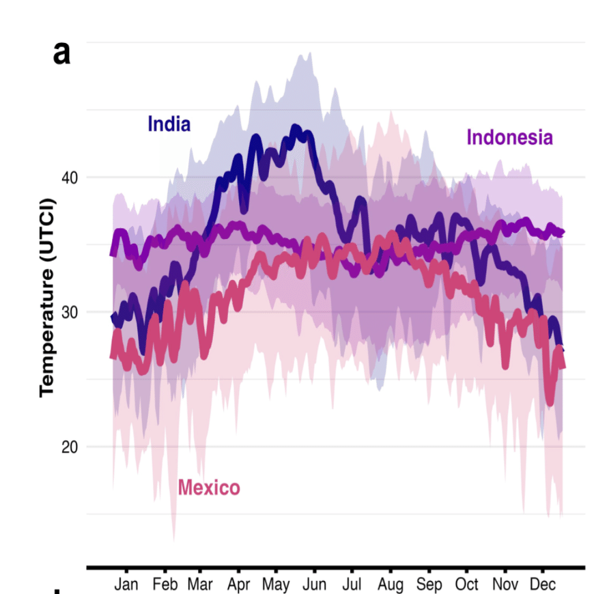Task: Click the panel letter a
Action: point(61,53)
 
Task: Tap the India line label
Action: point(169,124)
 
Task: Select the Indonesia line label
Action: point(509,137)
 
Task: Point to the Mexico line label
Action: point(209,487)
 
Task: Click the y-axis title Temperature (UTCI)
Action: point(46,298)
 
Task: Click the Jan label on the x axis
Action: point(126,584)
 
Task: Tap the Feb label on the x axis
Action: point(165,584)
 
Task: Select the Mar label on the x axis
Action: point(200,584)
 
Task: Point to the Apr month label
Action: point(238,584)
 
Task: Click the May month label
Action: point(276,584)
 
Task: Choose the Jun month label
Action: point(315,584)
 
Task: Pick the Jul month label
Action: point(352,584)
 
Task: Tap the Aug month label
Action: point(391,584)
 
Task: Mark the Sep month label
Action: point(429,584)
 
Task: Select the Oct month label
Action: point(466,584)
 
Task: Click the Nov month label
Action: point(505,584)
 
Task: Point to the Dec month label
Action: point(543,584)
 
